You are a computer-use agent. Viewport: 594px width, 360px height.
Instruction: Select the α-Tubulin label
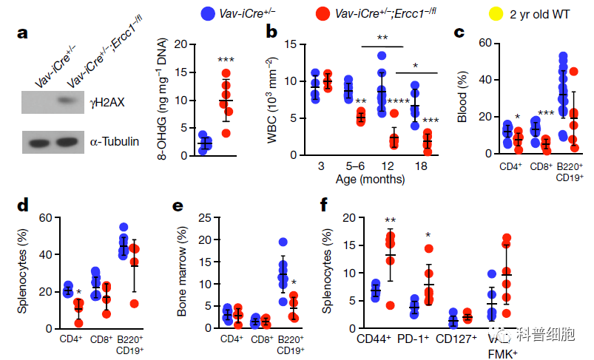point(114,140)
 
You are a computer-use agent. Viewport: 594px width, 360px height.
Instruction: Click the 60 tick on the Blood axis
point(485,44)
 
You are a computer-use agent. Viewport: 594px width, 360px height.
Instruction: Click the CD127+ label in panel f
point(456,339)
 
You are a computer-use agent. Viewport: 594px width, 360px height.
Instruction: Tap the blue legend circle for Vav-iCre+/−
point(209,13)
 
